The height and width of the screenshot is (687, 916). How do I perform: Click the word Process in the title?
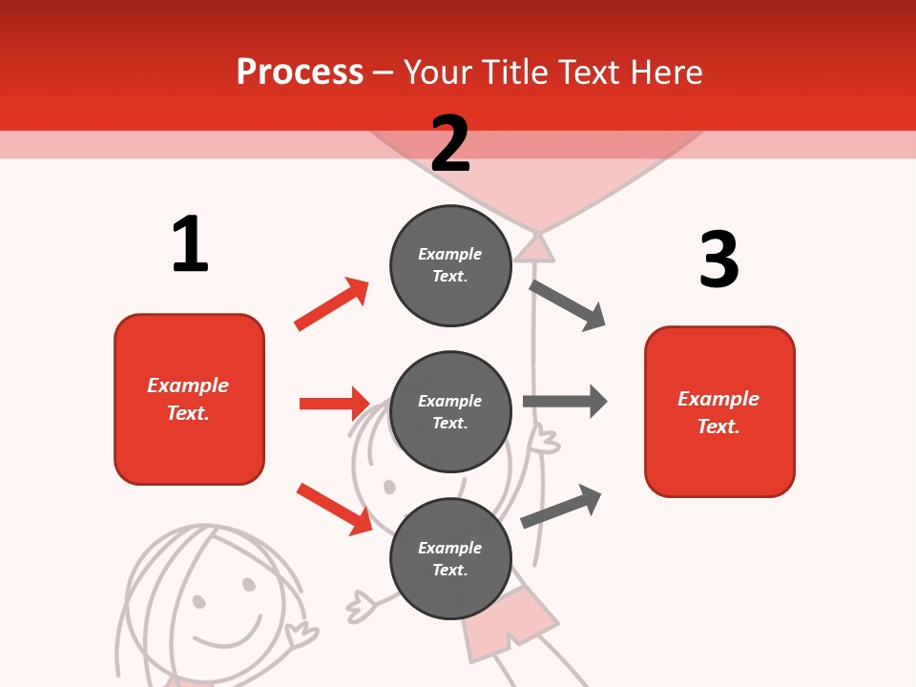pyautogui.click(x=300, y=72)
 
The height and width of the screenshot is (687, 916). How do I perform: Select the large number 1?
pyautogui.click(x=190, y=244)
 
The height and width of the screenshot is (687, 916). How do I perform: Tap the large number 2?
pyautogui.click(x=450, y=143)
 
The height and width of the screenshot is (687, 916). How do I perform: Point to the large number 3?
pyautogui.click(x=718, y=260)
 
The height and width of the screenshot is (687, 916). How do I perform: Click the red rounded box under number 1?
pyautogui.click(x=189, y=399)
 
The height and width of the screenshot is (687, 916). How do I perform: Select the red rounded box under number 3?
pyautogui.click(x=719, y=411)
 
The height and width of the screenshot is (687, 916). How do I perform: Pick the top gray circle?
pyautogui.click(x=450, y=265)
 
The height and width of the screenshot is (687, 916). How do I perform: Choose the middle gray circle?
pyautogui.click(x=450, y=411)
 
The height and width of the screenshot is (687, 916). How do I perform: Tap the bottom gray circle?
pyautogui.click(x=450, y=558)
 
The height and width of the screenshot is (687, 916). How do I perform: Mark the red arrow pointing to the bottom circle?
pyautogui.click(x=334, y=508)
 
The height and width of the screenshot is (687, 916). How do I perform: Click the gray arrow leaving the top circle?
pyautogui.click(x=568, y=304)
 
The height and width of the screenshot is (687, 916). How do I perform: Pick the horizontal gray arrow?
pyautogui.click(x=565, y=402)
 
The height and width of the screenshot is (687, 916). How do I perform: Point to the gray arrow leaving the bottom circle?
pyautogui.click(x=561, y=506)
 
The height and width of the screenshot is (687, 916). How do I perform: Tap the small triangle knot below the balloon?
pyautogui.click(x=535, y=248)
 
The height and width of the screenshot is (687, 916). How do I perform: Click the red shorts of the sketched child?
pyautogui.click(x=510, y=619)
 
